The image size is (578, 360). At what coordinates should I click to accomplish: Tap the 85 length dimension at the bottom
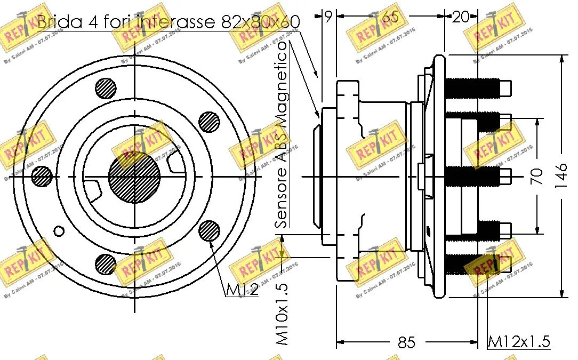pos(406,342)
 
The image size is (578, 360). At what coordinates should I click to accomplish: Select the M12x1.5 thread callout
pos(519,341)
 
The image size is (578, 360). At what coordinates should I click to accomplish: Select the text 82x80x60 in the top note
pos(260,22)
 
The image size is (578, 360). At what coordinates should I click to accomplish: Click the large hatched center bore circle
pos(134,176)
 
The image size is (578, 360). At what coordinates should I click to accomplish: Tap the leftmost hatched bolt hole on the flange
pos(42,177)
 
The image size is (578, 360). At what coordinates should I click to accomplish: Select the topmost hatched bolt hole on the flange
pos(106,88)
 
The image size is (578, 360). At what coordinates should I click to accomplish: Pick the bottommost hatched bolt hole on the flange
pos(106,263)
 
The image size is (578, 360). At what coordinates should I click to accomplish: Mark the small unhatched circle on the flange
pos(59,231)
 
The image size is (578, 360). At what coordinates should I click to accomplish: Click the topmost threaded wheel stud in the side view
pos(473,87)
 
